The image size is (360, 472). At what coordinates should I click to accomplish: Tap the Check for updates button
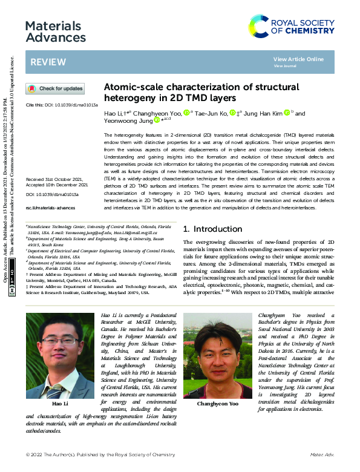pyautogui.click(x=55, y=89)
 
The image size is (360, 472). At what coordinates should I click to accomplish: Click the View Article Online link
pyautogui.click(x=298, y=59)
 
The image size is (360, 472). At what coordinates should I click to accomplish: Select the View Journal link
pyautogui.click(x=285, y=65)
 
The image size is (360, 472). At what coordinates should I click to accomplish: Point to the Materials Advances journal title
pyautogui.click(x=56, y=32)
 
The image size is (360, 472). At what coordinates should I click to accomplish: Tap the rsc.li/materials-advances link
pyautogui.click(x=49, y=208)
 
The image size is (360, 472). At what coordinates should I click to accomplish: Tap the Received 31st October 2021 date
pyautogui.click(x=57, y=180)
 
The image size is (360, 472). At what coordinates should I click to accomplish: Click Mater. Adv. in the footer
pyautogui.click(x=323, y=453)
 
